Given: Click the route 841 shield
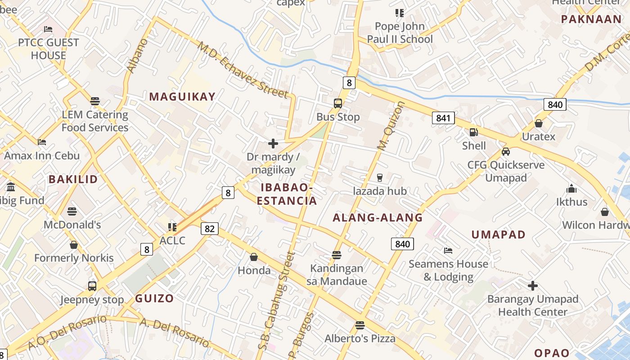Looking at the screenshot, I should (443, 118).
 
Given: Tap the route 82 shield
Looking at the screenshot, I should (209, 229).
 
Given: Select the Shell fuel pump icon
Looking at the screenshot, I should (473, 132).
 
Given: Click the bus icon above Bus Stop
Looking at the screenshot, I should (338, 103).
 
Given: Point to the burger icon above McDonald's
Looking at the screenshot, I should (72, 211).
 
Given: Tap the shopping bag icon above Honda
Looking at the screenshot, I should (254, 257).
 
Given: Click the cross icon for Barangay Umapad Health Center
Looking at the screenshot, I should (533, 286).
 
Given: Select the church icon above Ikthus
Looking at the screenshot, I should (571, 189).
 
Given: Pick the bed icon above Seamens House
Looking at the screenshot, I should (448, 251).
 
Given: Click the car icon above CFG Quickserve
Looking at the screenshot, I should (506, 152).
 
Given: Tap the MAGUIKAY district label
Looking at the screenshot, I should (182, 96).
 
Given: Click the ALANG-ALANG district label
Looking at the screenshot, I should (378, 218).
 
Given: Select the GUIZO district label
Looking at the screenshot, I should (154, 298).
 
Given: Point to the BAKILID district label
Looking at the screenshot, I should (73, 179).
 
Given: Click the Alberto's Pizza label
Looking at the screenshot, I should (360, 338).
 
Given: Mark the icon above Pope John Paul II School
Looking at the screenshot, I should (399, 13).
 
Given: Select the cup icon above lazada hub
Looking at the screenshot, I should (379, 178).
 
